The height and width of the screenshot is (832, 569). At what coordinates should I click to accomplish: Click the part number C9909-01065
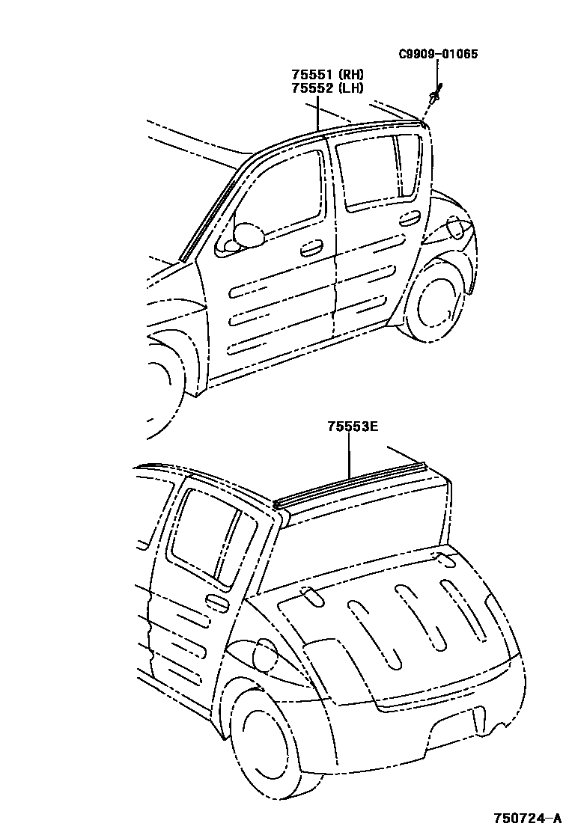coord(438,54)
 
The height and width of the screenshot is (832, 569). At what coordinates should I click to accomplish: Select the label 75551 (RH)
coord(327,75)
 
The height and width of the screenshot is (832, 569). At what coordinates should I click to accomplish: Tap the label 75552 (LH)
coord(327,88)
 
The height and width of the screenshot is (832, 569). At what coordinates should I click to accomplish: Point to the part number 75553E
coord(352,427)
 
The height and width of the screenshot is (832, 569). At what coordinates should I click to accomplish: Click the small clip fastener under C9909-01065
coord(435,94)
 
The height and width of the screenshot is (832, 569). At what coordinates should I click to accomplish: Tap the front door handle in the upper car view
coord(311,248)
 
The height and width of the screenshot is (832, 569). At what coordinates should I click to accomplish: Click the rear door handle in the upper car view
coord(410,218)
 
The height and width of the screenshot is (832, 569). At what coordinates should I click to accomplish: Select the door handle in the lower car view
coord(217,603)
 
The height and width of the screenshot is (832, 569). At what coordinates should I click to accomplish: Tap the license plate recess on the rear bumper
coord(453,725)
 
